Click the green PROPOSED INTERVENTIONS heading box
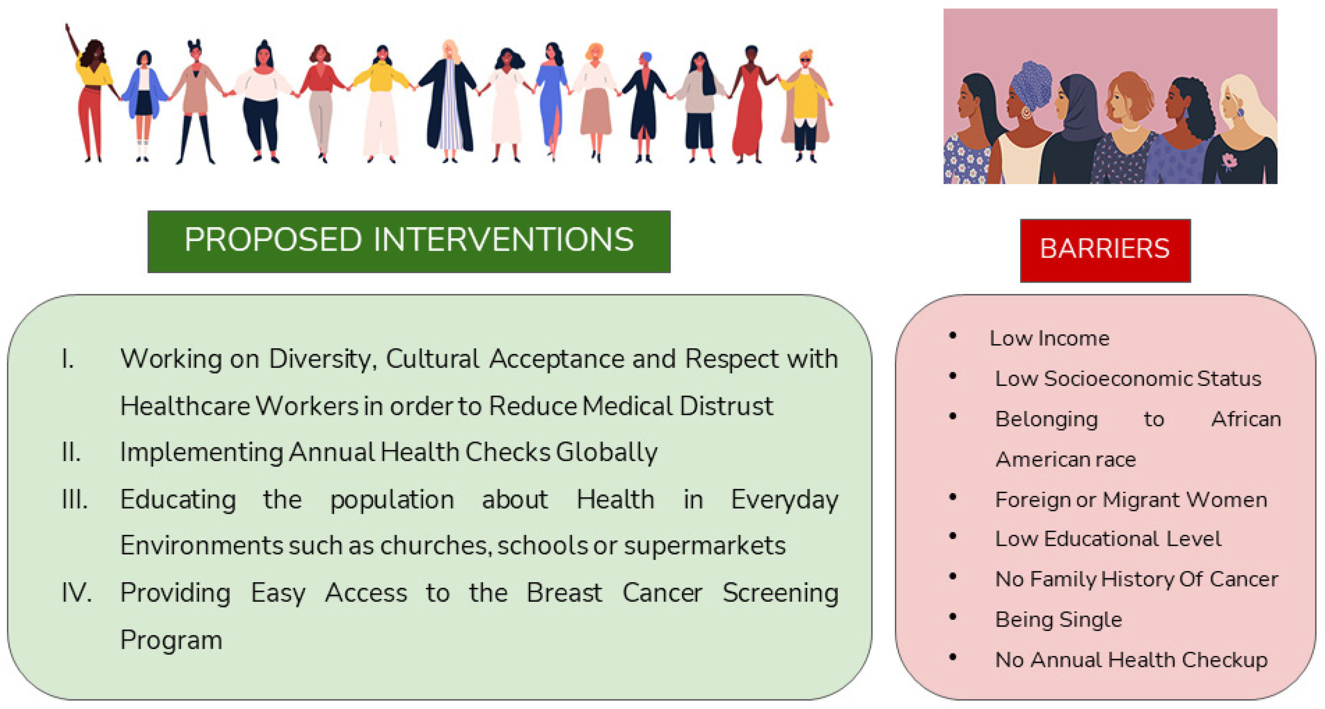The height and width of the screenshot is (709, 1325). click(x=409, y=241)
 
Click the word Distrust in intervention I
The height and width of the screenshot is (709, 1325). click(x=726, y=406)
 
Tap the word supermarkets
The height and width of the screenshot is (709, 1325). click(x=705, y=546)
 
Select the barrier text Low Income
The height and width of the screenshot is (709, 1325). click(x=1049, y=338)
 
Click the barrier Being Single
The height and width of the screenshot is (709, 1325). click(x=1058, y=619)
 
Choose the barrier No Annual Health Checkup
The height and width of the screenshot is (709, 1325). click(x=1132, y=660)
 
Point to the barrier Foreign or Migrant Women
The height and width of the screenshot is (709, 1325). click(x=1131, y=499)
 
